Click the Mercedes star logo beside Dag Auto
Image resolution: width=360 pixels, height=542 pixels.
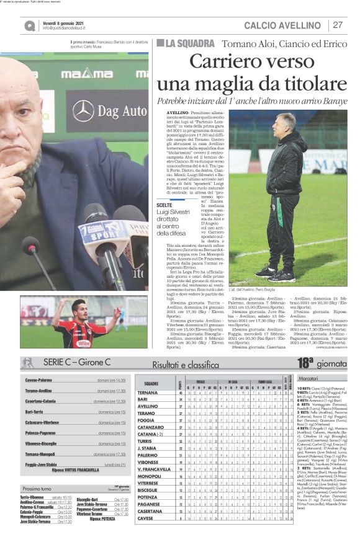[83, 112]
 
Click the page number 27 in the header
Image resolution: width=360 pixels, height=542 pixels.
[338, 25]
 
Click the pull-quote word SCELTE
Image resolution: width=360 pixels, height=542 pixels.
[165, 205]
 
